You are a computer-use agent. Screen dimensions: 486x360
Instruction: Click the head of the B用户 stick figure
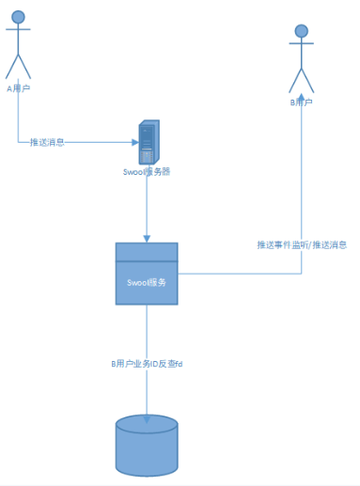pyautogui.click(x=301, y=31)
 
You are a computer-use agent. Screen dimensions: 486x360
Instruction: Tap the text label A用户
pyautogui.click(x=19, y=89)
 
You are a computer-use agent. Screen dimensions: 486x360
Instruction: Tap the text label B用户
pyautogui.click(x=301, y=102)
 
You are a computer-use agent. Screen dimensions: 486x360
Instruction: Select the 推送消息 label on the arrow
pyautogui.click(x=47, y=142)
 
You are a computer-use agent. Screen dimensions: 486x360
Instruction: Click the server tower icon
pyautogui.click(x=147, y=142)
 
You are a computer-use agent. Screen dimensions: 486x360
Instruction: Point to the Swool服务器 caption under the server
pyautogui.click(x=147, y=172)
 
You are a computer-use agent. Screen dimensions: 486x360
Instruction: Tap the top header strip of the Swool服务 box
pyautogui.click(x=147, y=252)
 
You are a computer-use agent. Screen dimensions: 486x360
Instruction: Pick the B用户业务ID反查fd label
pyautogui.click(x=147, y=363)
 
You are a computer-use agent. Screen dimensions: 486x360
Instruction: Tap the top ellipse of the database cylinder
pyautogui.click(x=147, y=424)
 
